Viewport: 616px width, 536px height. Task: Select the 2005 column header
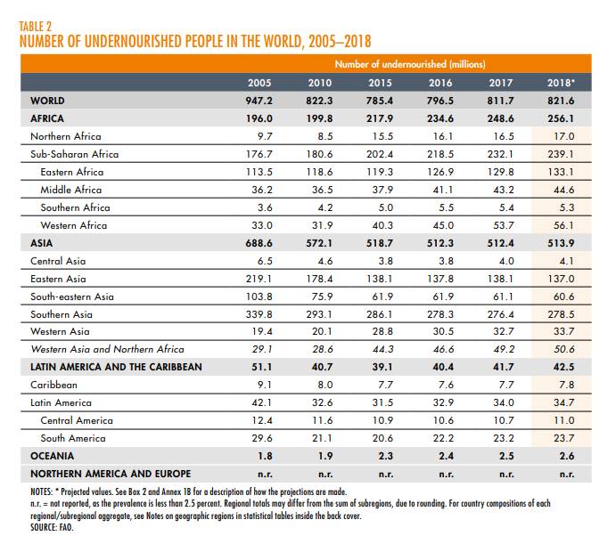point(259,83)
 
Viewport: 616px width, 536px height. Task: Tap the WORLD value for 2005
point(258,101)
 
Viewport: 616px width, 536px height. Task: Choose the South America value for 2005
point(259,439)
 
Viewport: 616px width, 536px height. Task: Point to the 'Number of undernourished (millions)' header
point(409,64)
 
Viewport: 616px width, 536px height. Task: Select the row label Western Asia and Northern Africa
point(107,350)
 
